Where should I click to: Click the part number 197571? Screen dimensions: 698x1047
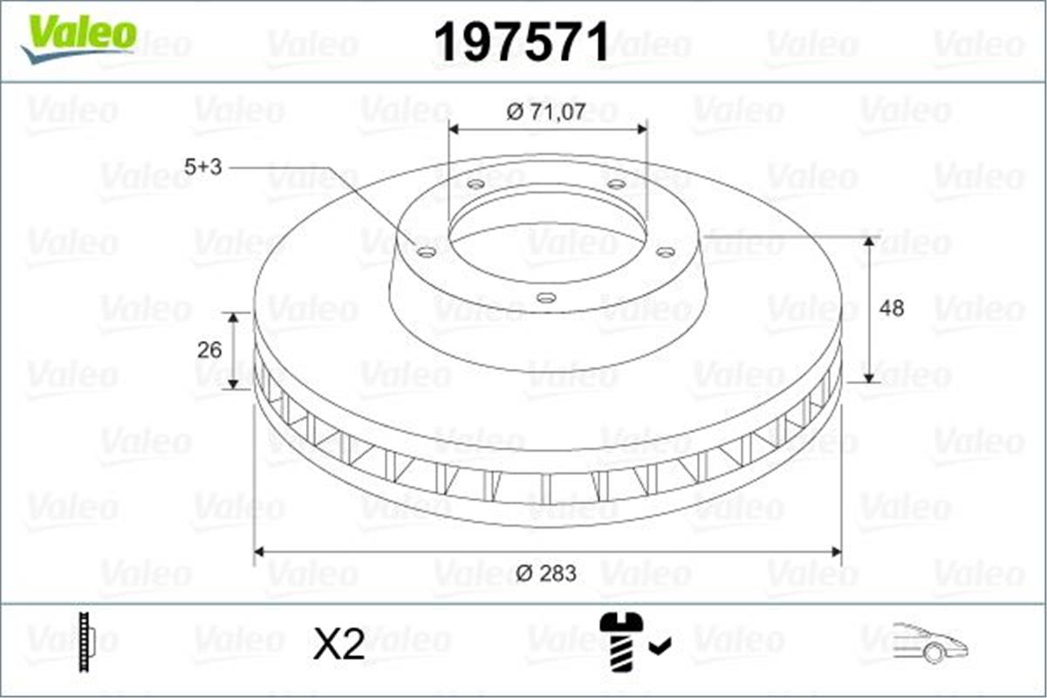click(x=522, y=42)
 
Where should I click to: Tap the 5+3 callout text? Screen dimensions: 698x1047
click(x=203, y=168)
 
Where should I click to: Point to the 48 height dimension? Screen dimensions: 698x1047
click(x=891, y=308)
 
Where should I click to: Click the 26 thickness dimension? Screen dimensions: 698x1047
click(x=209, y=350)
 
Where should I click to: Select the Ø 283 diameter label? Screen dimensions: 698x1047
click(x=546, y=573)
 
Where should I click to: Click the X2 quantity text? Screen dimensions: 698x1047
click(x=339, y=645)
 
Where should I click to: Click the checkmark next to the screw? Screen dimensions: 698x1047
click(x=660, y=646)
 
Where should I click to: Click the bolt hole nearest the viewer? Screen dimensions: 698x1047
click(x=546, y=298)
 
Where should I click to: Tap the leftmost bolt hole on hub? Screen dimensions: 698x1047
click(x=427, y=252)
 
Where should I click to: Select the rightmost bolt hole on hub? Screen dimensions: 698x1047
click(x=665, y=252)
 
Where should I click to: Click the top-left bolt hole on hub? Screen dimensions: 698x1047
click(x=476, y=184)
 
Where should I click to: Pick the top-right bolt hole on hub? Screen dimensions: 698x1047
click(x=616, y=184)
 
